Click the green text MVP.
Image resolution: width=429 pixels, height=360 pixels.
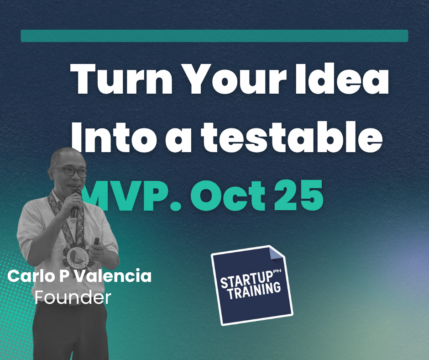click(132, 196)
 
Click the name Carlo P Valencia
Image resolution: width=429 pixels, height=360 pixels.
click(79, 276)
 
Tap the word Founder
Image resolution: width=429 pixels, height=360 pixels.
click(73, 297)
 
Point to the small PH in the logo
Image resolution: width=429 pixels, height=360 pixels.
click(277, 271)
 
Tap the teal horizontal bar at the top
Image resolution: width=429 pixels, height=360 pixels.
click(214, 36)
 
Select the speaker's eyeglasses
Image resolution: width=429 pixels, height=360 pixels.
click(70, 171)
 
